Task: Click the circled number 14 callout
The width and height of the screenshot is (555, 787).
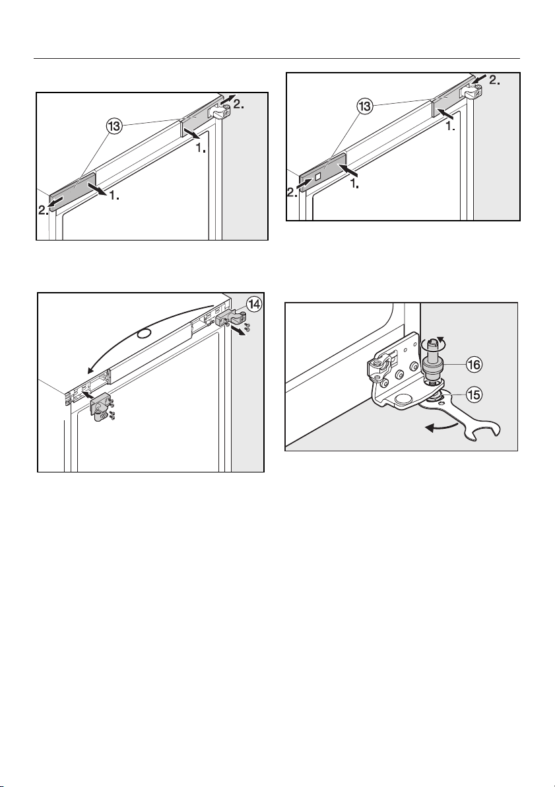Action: pos(255,305)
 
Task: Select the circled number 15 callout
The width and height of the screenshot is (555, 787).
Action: pos(473,395)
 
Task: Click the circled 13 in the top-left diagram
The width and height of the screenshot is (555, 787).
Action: pos(114,126)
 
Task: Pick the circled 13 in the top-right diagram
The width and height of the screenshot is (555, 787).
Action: pos(364,106)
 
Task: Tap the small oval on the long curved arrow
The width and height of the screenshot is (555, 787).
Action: pos(145,334)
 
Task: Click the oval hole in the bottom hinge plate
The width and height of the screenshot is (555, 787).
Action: pos(404,399)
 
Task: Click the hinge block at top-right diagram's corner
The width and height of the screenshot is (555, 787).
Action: pos(473,91)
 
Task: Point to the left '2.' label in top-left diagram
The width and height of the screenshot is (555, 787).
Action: pos(45,210)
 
